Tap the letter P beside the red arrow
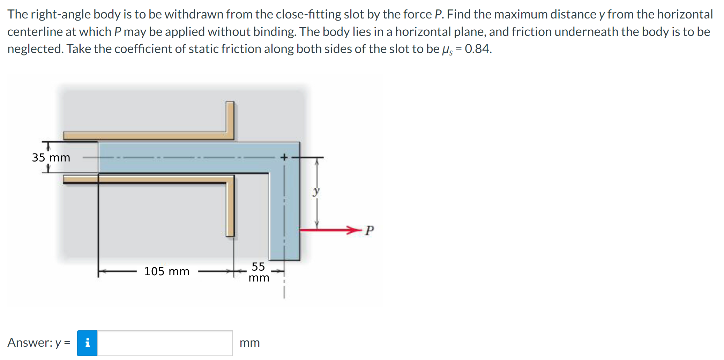[369, 231]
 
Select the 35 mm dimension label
[51, 158]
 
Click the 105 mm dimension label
[167, 271]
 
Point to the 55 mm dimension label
[259, 272]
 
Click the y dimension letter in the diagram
[316, 191]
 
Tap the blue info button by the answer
[87, 343]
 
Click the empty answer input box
[165, 343]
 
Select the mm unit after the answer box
[249, 343]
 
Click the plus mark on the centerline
[284, 157]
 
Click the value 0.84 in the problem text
[478, 49]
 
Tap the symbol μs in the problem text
[447, 50]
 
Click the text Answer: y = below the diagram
[39, 343]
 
